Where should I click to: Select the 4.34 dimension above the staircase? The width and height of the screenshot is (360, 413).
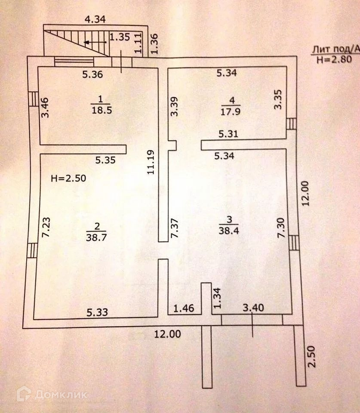[95, 19]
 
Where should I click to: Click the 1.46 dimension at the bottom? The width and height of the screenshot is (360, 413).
[184, 308]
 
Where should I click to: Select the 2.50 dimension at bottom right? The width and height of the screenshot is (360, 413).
[312, 356]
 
